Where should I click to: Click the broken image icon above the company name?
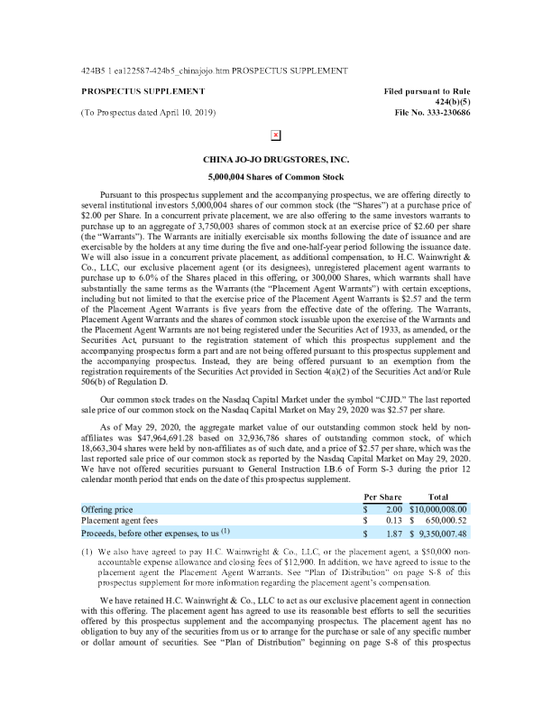pos(276,135)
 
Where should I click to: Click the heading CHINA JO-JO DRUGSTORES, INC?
pos(276,159)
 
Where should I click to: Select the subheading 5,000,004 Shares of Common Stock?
pos(276,177)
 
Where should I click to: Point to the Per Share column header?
pos(382,497)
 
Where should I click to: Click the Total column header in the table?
pos(438,497)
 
